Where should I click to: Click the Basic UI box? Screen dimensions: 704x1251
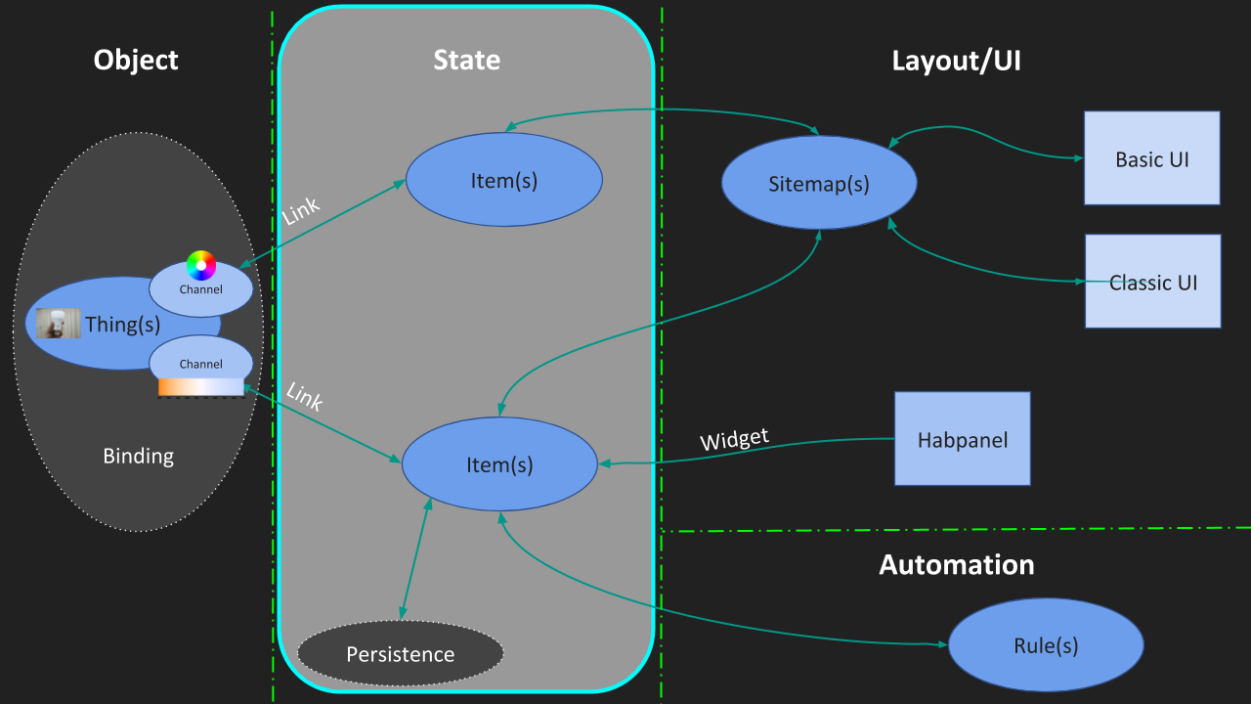1151,157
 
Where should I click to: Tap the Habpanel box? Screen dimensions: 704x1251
962,438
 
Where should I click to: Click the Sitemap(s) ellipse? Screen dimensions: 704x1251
819,183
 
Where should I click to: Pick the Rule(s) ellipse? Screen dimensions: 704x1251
1046,645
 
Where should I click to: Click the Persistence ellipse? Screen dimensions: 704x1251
400,653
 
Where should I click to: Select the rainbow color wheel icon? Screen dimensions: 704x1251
201,265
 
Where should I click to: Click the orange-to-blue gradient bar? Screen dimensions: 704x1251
200,387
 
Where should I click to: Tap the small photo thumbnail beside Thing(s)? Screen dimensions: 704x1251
59,324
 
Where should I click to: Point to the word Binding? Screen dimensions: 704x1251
138,456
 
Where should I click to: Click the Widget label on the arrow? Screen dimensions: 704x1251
734,440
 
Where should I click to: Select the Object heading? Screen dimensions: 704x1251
136,61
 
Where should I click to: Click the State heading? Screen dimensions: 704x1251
466,61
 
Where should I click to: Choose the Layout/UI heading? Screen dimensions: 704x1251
956,61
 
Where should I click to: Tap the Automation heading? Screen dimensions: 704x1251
956,564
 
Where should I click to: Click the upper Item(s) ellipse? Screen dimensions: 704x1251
503,180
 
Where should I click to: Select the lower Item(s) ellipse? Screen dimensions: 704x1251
499,464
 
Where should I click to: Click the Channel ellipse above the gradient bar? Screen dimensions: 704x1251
200,360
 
